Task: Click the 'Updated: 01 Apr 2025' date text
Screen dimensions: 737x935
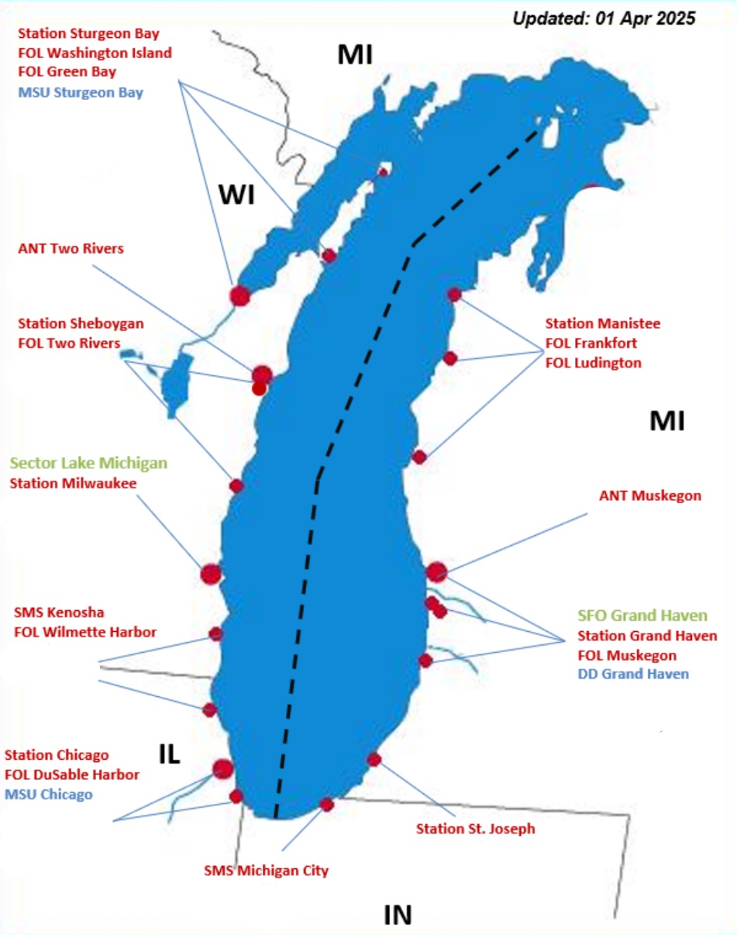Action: point(604,17)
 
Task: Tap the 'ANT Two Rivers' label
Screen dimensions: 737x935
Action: point(71,249)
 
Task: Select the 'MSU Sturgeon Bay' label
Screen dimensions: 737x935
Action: point(80,92)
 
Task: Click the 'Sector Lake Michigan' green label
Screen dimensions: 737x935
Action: point(88,464)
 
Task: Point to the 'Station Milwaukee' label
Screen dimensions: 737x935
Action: point(72,483)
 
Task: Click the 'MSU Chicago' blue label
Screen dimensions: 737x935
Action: point(49,794)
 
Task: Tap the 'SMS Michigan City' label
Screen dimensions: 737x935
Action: point(266,871)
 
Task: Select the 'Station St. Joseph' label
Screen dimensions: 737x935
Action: point(475,829)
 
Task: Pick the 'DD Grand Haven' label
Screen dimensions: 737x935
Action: point(632,674)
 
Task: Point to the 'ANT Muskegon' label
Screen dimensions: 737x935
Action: point(650,495)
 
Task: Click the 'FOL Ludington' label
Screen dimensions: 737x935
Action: point(593,362)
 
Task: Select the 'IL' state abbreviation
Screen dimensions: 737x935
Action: point(170,754)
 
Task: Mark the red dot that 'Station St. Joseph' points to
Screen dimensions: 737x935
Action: point(374,759)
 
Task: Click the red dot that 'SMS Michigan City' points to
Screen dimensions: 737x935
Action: point(326,804)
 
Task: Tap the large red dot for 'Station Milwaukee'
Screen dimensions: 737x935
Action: point(211,574)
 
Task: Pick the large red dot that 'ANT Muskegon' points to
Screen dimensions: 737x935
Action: point(436,572)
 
